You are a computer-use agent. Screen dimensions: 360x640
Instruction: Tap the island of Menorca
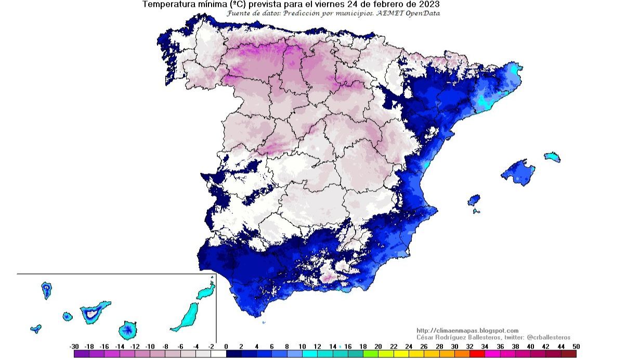tap(552, 157)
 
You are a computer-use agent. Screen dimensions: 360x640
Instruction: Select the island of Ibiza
tap(474, 200)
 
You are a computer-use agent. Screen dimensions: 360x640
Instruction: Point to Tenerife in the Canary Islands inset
tap(94, 312)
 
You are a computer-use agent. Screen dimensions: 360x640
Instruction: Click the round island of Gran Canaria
tap(127, 330)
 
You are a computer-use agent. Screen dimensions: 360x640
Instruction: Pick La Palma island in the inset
tap(47, 290)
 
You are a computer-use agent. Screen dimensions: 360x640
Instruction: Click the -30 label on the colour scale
tap(74, 346)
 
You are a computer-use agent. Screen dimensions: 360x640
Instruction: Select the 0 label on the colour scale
tap(226, 346)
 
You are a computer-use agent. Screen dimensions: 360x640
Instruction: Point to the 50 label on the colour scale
tap(576, 346)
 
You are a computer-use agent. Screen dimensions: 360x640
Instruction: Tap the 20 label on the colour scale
tap(378, 346)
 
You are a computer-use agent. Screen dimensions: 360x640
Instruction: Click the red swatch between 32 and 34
tap(477, 354)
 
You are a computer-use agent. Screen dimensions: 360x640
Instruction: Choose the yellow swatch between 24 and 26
tap(416, 354)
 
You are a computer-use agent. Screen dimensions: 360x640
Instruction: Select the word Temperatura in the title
tap(167, 4)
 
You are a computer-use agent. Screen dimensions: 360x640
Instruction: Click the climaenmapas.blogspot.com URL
tap(467, 331)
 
